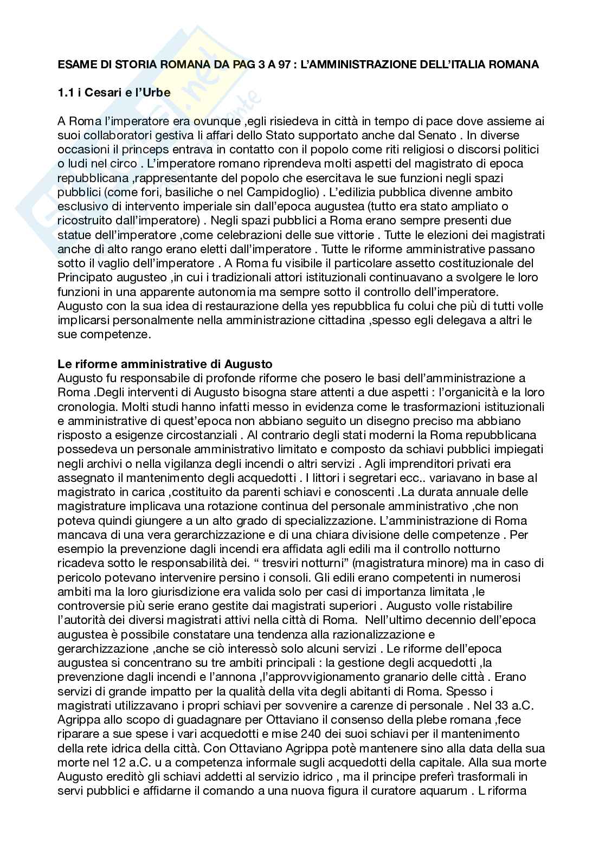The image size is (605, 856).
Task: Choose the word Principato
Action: click(83, 278)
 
